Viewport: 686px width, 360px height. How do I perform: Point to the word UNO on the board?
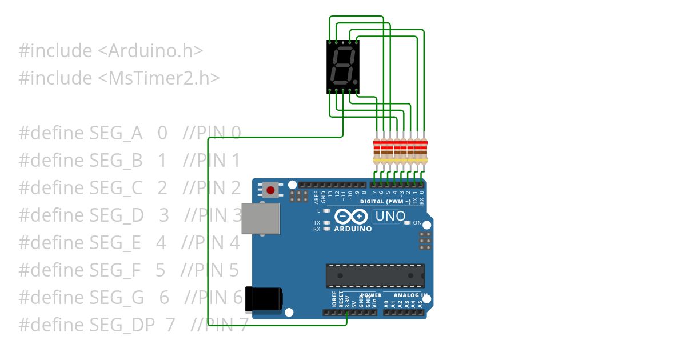coord(391,217)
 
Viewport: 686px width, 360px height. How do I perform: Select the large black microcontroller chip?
coord(375,275)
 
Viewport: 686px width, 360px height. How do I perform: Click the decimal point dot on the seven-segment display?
coord(356,82)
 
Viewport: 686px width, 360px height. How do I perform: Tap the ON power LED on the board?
coord(407,223)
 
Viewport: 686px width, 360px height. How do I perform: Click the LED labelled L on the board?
coord(326,211)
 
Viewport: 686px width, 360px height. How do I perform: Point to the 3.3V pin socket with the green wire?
coord(346,312)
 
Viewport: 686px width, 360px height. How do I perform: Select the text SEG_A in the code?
coord(116,133)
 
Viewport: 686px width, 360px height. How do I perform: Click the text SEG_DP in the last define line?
coord(122,325)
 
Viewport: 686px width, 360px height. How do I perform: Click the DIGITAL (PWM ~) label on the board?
coord(385,202)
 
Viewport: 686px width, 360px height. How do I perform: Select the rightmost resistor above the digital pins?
coord(423,150)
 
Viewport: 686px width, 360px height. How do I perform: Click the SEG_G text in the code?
coord(117,298)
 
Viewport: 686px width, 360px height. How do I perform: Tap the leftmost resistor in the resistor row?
coord(376,150)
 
